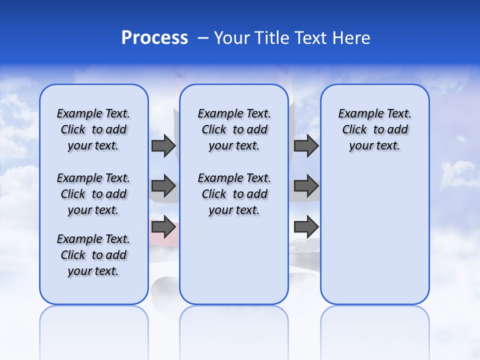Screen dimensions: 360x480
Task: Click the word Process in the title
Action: pyautogui.click(x=154, y=38)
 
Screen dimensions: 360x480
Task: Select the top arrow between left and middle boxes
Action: pyautogui.click(x=163, y=146)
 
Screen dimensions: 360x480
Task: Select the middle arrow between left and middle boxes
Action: pyautogui.click(x=163, y=186)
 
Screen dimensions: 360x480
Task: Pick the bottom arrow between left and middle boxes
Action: pyautogui.click(x=163, y=227)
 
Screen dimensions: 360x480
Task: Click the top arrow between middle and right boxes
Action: pyautogui.click(x=306, y=146)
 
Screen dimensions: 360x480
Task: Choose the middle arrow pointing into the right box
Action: pyautogui.click(x=306, y=186)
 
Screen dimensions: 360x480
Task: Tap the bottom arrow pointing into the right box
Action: pyautogui.click(x=306, y=227)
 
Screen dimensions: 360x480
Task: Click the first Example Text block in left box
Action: pyautogui.click(x=93, y=129)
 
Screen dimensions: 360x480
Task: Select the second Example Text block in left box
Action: pyautogui.click(x=93, y=194)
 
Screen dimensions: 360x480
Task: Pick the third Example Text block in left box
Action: pyautogui.click(x=93, y=255)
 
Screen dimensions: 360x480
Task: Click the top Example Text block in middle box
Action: pyautogui.click(x=234, y=129)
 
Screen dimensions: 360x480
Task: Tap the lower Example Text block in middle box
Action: pyautogui.click(x=234, y=194)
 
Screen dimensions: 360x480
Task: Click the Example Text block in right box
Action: pyautogui.click(x=375, y=129)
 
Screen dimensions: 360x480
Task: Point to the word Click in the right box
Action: pyautogui.click(x=354, y=129)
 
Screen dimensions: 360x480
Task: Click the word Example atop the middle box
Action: pyautogui.click(x=216, y=113)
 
